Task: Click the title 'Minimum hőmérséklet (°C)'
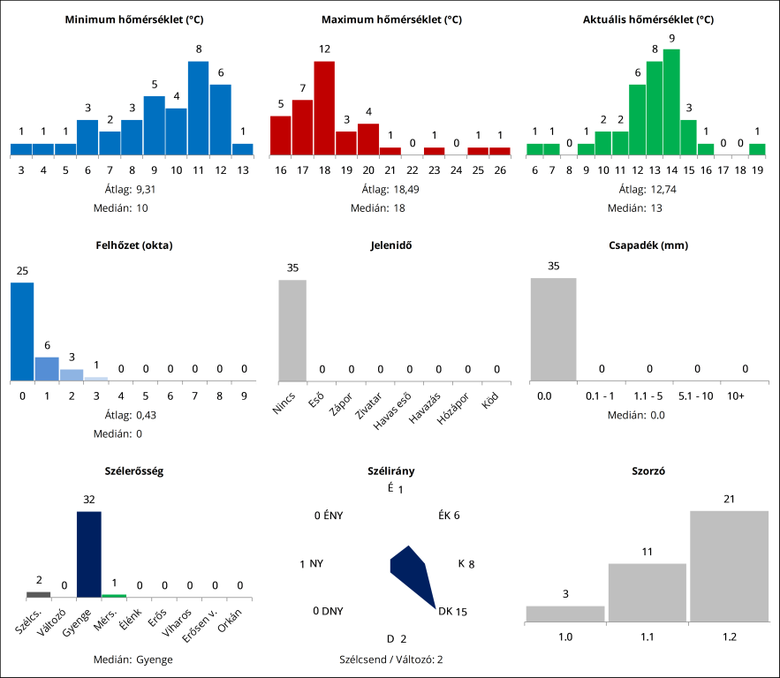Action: [132, 19]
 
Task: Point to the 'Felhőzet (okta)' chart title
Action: [132, 245]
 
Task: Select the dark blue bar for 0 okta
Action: [22, 332]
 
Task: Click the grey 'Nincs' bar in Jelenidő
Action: [292, 330]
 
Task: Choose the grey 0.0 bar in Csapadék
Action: [553, 329]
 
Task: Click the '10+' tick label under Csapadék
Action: [735, 396]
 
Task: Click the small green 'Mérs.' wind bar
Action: [114, 596]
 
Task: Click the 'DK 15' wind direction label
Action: [452, 611]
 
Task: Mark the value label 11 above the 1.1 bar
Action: [647, 552]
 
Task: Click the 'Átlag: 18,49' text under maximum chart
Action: [389, 189]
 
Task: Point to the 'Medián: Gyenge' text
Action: [132, 659]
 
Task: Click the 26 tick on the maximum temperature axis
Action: [499, 169]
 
